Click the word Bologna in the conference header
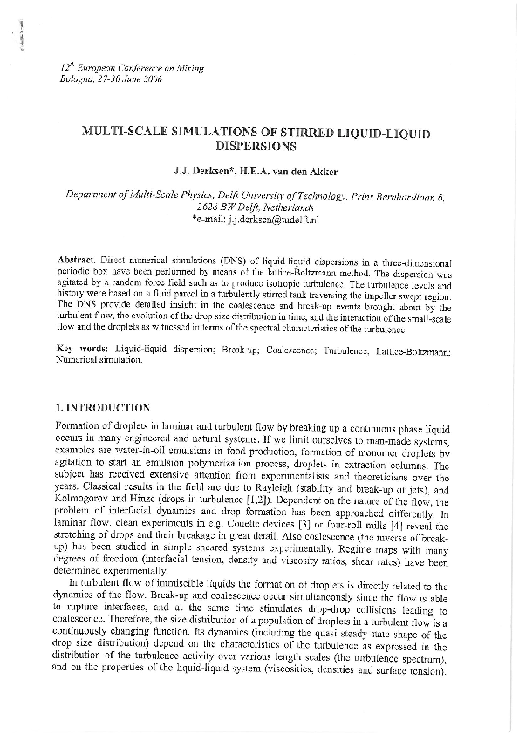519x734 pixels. (x=73, y=78)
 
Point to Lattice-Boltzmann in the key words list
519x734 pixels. (x=426, y=348)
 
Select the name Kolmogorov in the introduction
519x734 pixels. (x=73, y=501)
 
